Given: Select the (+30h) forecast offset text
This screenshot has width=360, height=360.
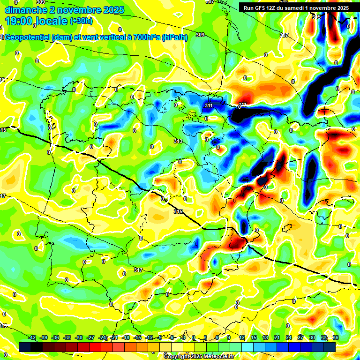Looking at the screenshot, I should (x=81, y=21).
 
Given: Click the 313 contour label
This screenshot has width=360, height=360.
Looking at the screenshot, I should (x=178, y=141).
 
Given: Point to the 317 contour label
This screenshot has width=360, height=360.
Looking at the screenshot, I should (x=138, y=270).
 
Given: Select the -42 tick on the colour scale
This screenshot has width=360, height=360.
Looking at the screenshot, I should (x=32, y=337).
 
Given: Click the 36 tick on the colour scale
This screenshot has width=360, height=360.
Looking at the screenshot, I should (x=336, y=337).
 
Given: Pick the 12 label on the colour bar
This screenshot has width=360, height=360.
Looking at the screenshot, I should (x=242, y=337).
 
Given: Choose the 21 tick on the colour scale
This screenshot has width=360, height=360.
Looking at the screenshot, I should (x=277, y=337).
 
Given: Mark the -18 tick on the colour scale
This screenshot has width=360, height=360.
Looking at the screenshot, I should (x=126, y=337).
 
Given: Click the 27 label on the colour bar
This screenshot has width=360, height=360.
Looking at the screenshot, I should (x=300, y=337).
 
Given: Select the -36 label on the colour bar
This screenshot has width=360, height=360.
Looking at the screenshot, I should (x=56, y=337).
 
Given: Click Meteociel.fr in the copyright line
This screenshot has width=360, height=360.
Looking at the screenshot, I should (x=218, y=356).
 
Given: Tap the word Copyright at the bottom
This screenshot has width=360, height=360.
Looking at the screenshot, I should (x=177, y=356).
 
